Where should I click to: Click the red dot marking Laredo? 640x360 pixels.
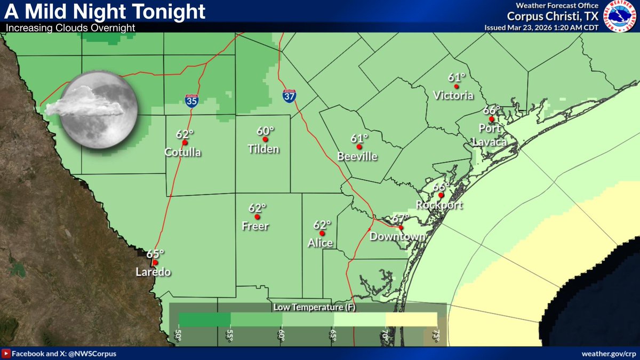(155, 262)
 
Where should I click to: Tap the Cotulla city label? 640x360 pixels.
(183, 153)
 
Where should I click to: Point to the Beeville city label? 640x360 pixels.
(357, 156)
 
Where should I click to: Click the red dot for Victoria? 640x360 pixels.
(456, 86)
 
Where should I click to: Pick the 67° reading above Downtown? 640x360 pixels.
(400, 219)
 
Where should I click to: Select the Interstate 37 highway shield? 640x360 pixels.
(289, 96)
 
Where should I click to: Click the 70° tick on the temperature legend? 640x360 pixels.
(385, 335)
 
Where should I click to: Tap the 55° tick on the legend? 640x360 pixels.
(230, 335)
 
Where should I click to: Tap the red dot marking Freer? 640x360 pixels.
(257, 217)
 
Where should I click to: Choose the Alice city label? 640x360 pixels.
(320, 243)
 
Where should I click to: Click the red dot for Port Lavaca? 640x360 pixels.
(491, 119)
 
